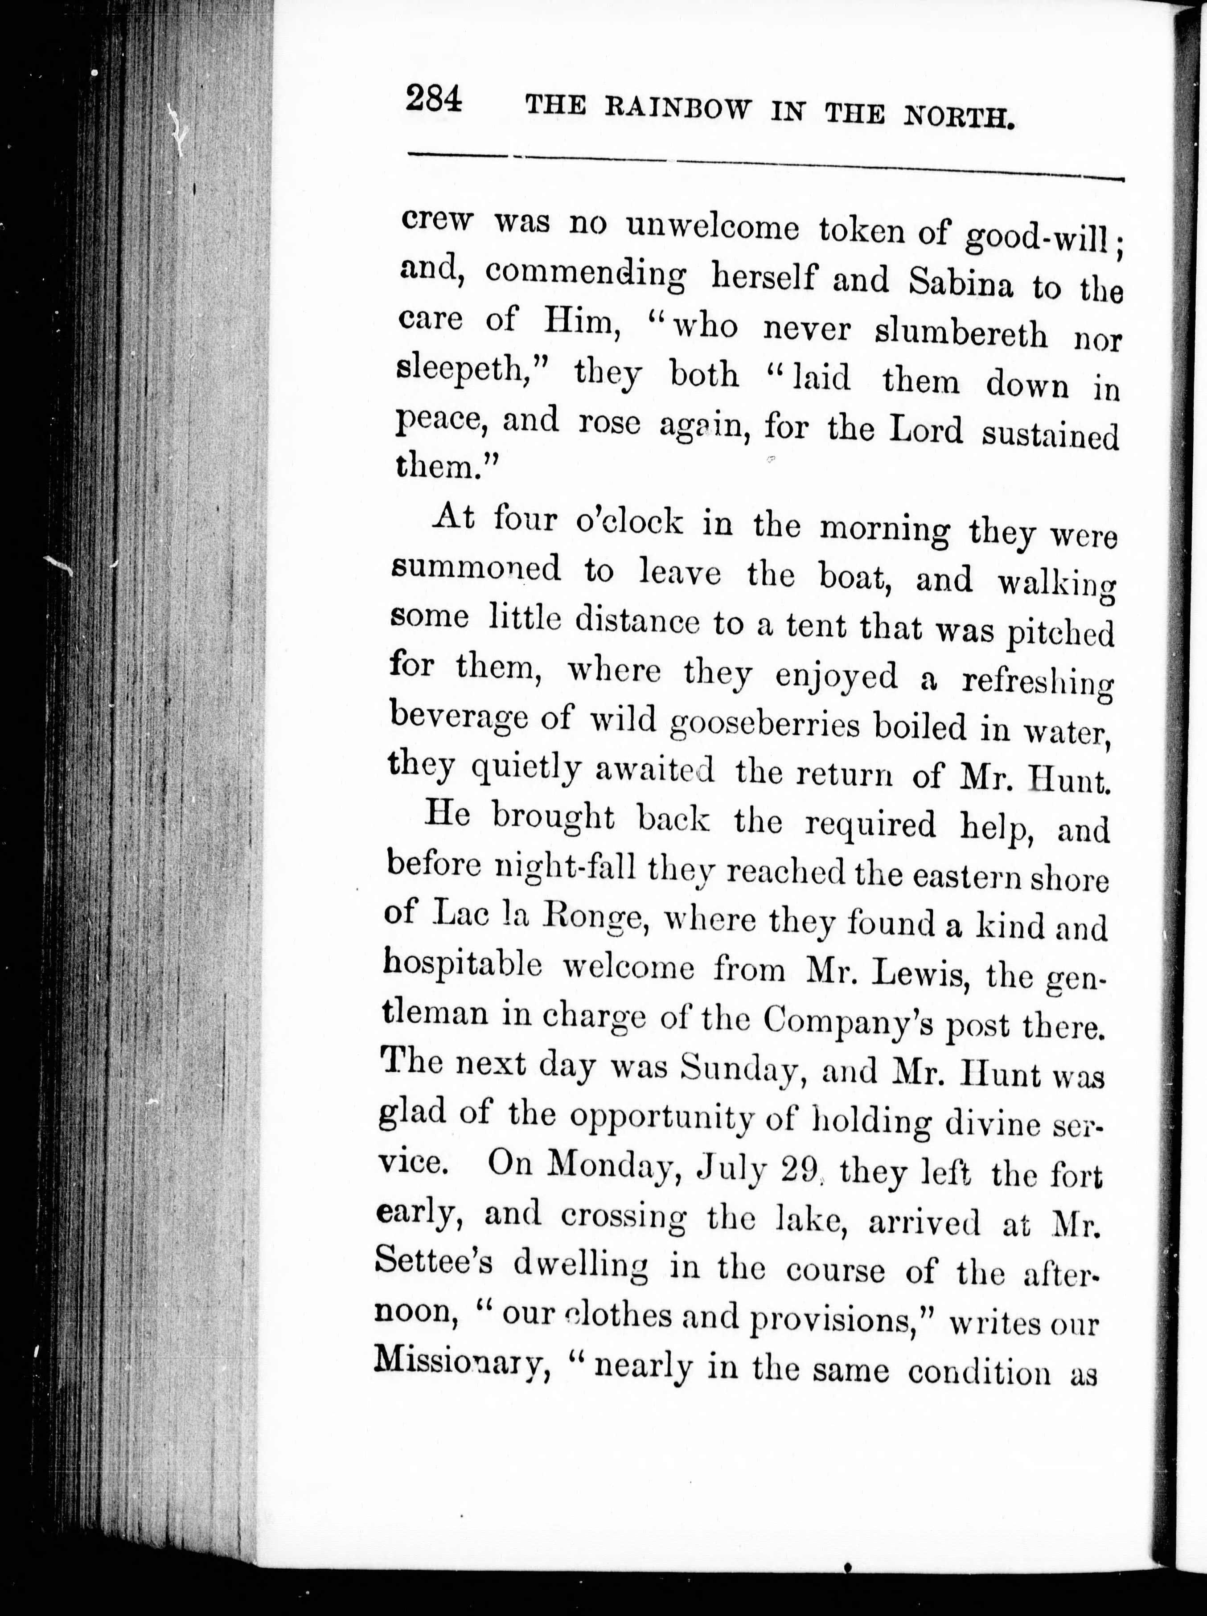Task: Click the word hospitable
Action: point(463,966)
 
